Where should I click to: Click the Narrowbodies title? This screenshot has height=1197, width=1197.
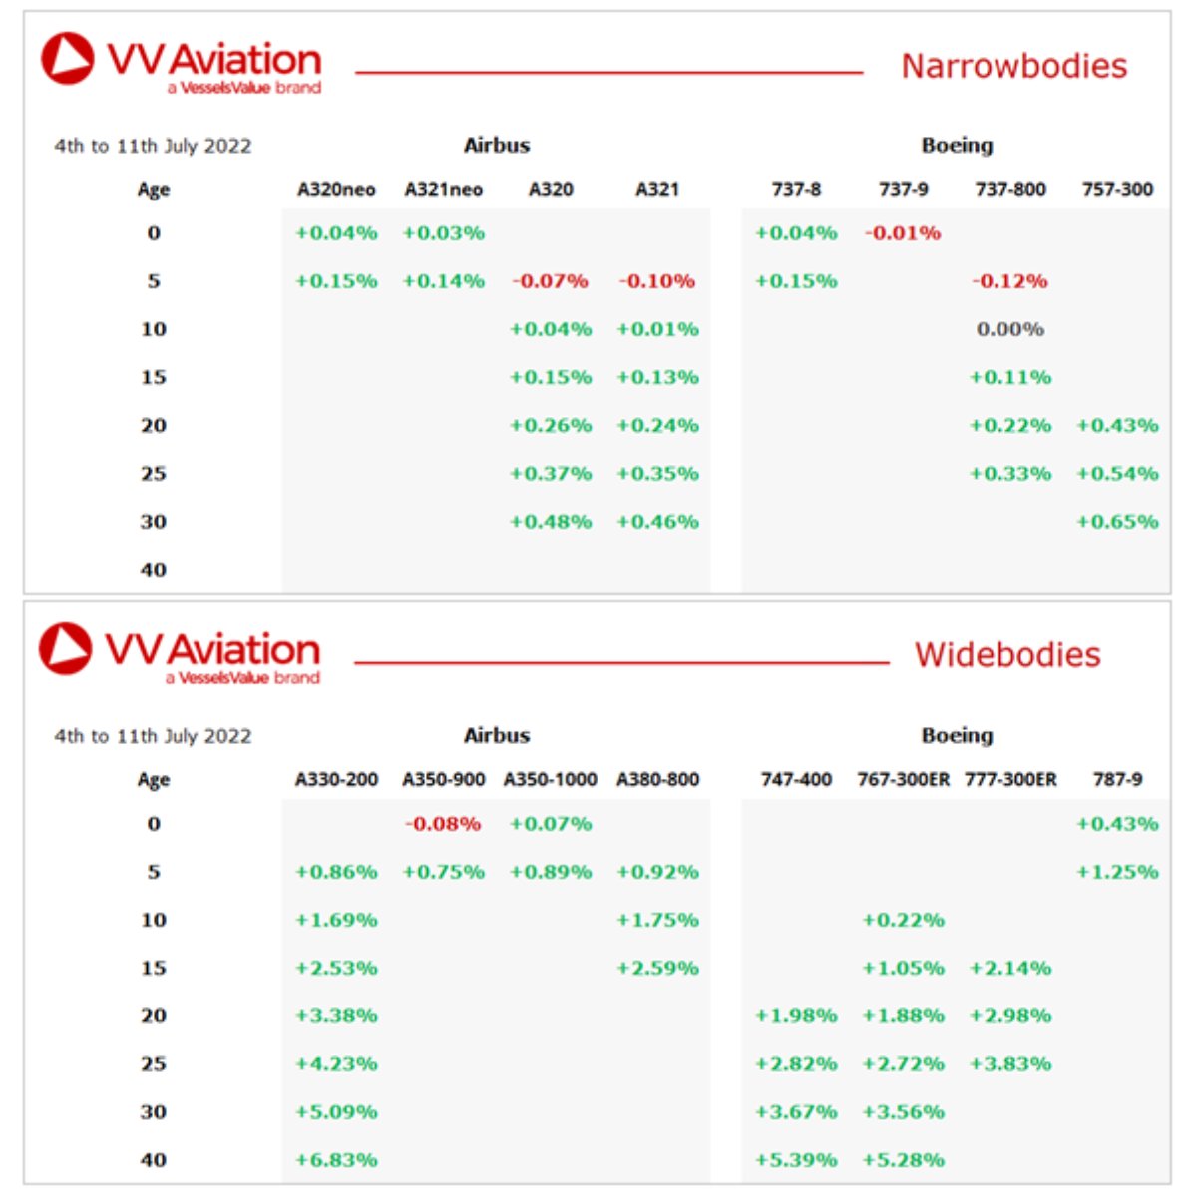click(1013, 66)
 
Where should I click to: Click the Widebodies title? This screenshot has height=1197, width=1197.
click(1007, 655)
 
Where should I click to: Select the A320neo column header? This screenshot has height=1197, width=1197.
click(336, 189)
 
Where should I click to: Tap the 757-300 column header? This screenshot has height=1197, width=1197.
click(1117, 189)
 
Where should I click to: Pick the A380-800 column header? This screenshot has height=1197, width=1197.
click(657, 779)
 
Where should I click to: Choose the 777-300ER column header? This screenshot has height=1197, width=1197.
click(1010, 779)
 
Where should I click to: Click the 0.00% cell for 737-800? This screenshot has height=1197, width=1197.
click(1010, 329)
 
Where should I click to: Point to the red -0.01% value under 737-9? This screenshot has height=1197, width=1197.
click(903, 233)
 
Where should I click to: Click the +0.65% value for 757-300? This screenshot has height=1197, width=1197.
click(1117, 522)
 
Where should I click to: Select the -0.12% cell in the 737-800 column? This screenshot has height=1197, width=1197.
click(1010, 281)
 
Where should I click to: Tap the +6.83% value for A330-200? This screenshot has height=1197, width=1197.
click(336, 1160)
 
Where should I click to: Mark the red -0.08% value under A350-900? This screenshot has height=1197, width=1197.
click(443, 824)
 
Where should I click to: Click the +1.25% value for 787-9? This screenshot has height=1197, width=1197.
click(1117, 872)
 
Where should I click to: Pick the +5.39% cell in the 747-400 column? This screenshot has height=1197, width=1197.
click(796, 1160)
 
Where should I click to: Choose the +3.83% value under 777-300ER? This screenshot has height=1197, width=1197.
click(1010, 1064)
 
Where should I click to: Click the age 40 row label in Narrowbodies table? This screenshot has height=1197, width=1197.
click(154, 570)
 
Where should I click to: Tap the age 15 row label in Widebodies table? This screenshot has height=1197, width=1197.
click(154, 968)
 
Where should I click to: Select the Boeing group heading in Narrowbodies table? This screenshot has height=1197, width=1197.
click(957, 145)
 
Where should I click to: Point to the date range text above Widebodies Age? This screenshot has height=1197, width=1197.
click(153, 736)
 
